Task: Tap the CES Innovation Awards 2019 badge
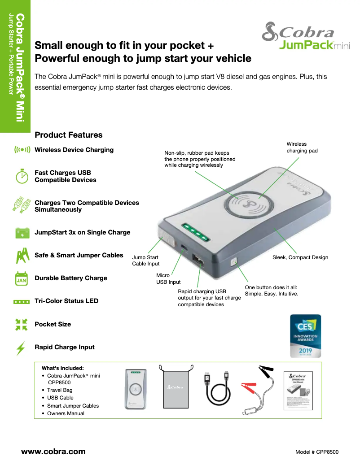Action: pos(305,336)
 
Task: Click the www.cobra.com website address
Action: pos(53,451)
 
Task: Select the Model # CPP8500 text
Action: pos(317,452)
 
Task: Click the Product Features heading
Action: pos(69,135)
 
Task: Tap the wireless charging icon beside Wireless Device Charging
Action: pos(22,150)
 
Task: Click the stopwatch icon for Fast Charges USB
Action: pos(22,176)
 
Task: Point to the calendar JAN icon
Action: pos(22,278)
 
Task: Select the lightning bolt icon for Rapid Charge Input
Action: pos(21,348)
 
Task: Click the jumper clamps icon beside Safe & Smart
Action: pos(22,256)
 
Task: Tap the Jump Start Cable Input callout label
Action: pos(145,261)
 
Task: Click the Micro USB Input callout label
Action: pos(168,278)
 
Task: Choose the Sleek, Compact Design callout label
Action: pos(300,257)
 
